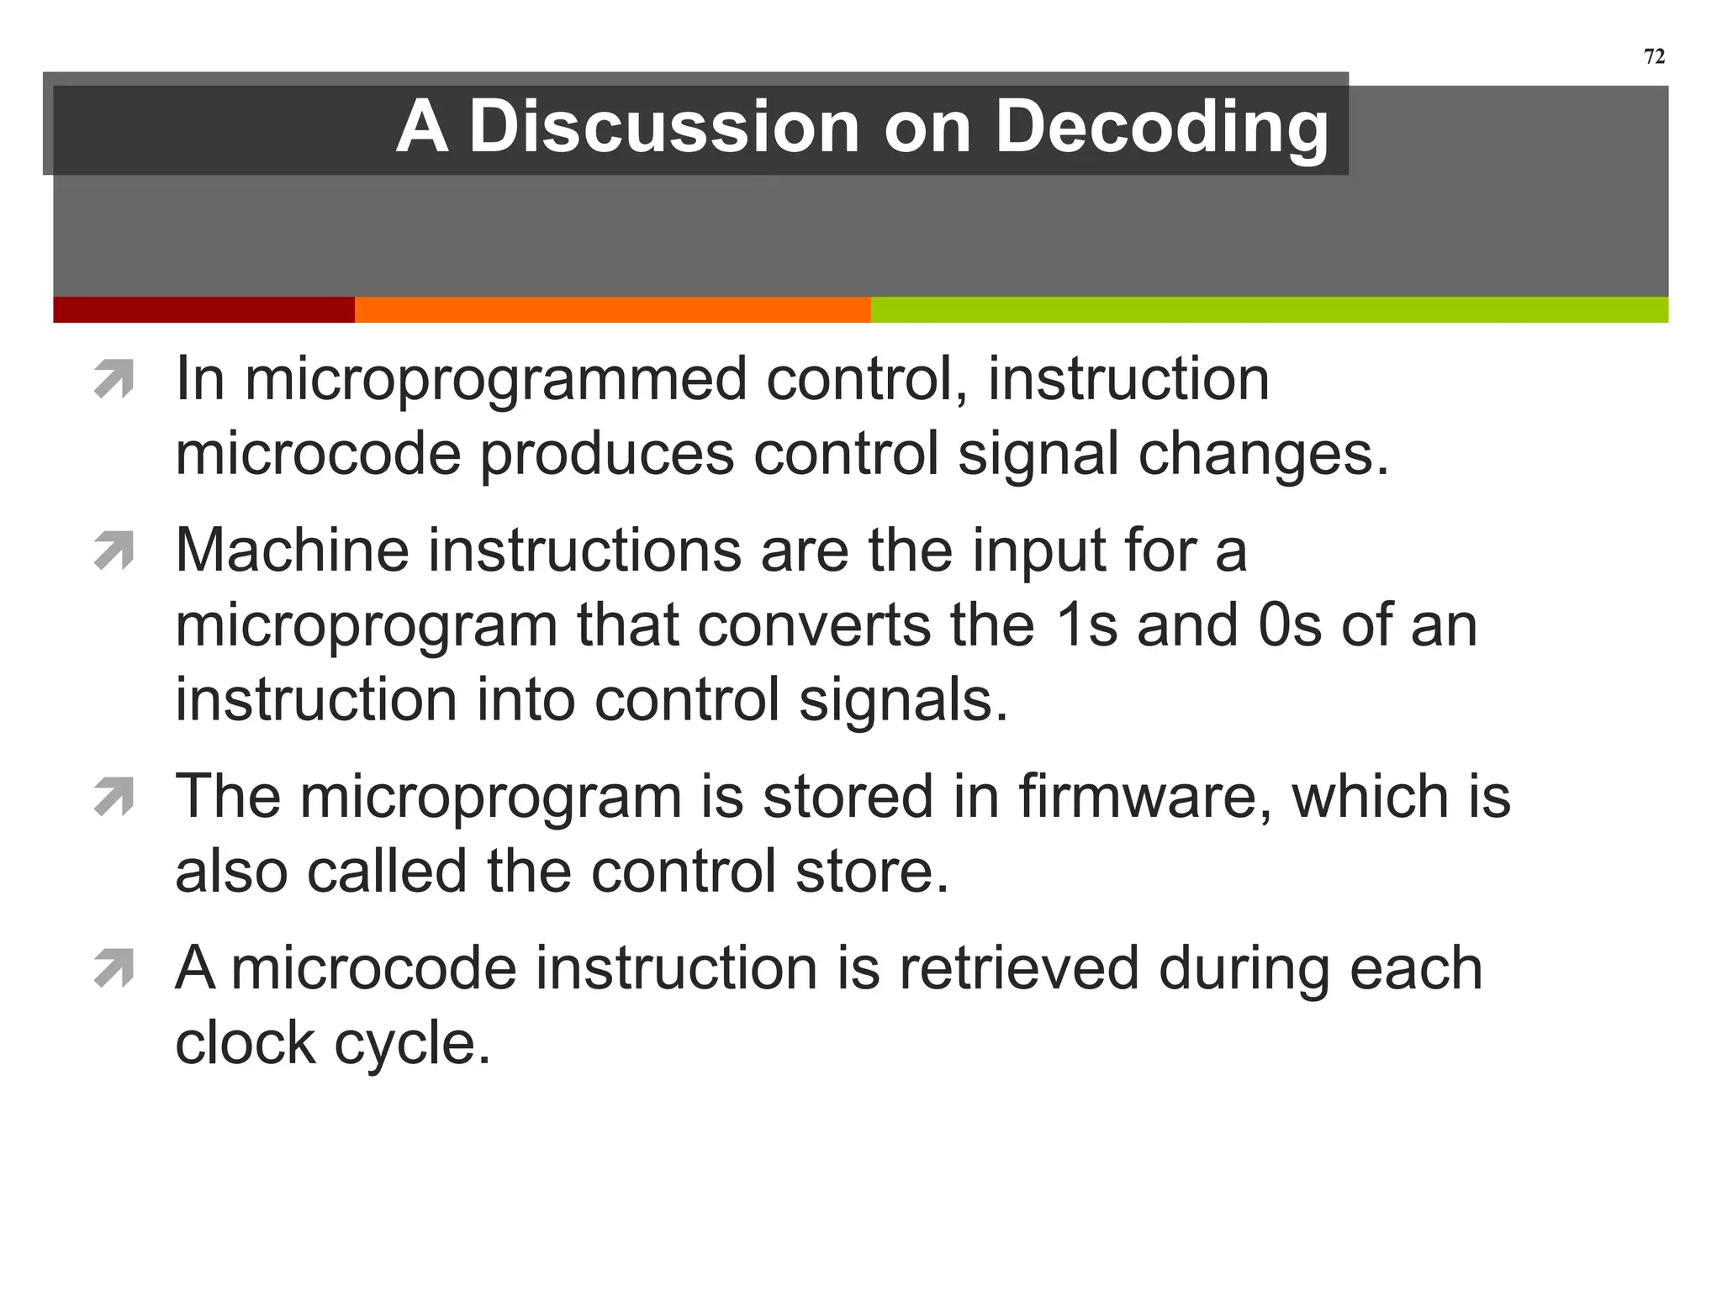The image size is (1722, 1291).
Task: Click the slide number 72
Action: click(x=1654, y=56)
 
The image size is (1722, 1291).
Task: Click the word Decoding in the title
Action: click(x=1161, y=128)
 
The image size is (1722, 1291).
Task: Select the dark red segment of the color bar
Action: click(x=203, y=309)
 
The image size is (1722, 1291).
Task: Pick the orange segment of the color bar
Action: click(x=612, y=309)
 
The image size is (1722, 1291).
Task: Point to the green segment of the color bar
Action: click(x=1269, y=309)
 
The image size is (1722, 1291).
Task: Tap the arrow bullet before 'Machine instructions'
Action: click(x=114, y=551)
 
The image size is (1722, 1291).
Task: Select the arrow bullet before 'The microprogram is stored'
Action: click(x=114, y=797)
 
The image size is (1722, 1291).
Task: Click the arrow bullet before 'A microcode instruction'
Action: click(x=114, y=967)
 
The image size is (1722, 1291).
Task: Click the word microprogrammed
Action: click(x=495, y=380)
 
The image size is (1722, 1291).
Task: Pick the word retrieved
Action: click(x=1018, y=968)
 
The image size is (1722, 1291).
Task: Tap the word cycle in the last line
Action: click(x=411, y=1044)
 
